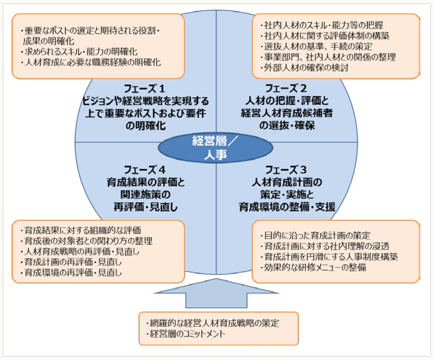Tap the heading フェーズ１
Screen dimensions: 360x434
tap(144, 88)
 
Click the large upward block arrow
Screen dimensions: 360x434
tap(216, 293)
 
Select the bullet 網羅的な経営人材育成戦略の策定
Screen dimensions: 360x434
tap(213, 323)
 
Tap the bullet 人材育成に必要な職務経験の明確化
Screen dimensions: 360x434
tap(92, 62)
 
